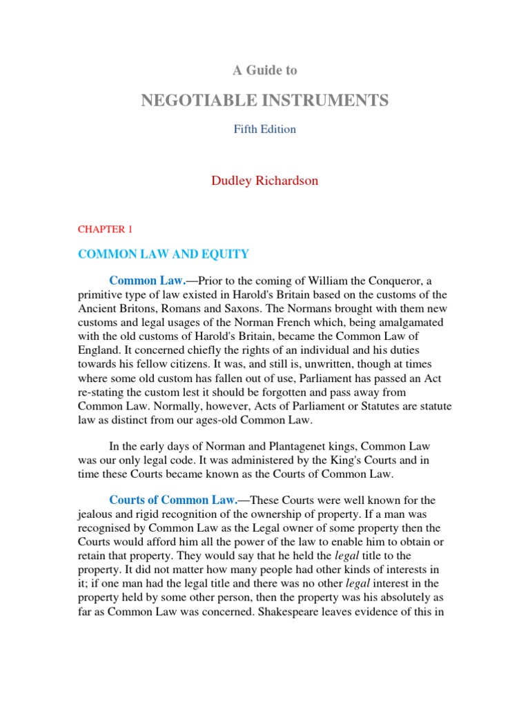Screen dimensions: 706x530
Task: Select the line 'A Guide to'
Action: click(264, 70)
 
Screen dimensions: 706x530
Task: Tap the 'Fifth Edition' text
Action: click(264, 130)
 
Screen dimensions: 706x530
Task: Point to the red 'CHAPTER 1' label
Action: click(104, 229)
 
